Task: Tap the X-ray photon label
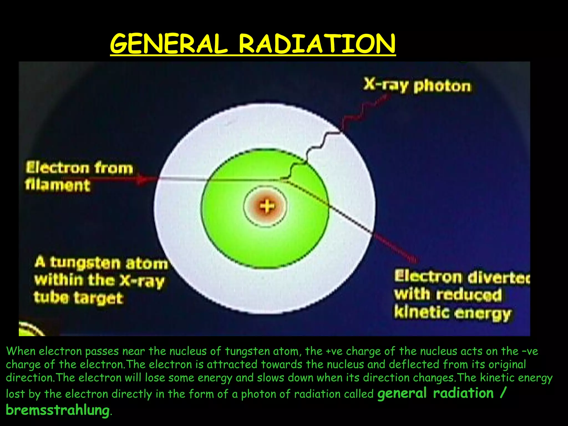[417, 85]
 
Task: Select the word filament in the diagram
[58, 185]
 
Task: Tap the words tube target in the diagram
[78, 298]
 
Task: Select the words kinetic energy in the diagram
[452, 313]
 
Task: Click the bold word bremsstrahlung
[58, 410]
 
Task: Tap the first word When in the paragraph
[21, 351]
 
